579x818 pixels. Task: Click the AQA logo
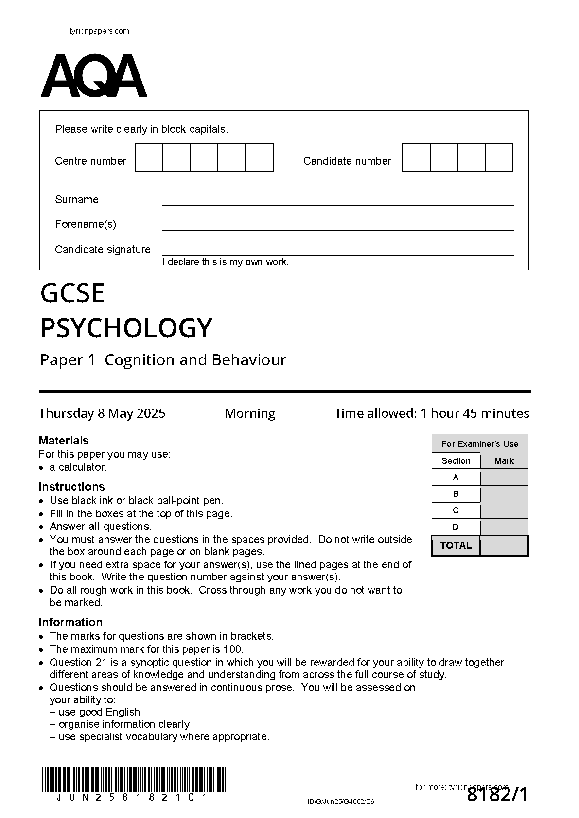[94, 76]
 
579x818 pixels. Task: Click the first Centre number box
[149, 158]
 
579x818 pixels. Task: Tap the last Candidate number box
[499, 158]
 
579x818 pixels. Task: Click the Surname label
[77, 199]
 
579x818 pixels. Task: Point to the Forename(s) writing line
[337, 229]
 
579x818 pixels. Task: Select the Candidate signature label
[103, 249]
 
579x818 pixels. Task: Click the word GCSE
[72, 293]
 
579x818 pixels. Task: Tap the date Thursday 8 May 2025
[102, 413]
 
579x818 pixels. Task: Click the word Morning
[250, 413]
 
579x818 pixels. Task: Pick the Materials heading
[64, 441]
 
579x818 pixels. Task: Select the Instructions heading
[71, 487]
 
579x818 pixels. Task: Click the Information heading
[70, 622]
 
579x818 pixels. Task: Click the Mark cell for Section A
[504, 477]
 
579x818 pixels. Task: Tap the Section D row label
[456, 527]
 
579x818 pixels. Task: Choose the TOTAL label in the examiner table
[456, 545]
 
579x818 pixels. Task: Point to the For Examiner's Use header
[479, 443]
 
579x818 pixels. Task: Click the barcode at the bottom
[134, 780]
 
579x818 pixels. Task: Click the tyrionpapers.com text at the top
[100, 31]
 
